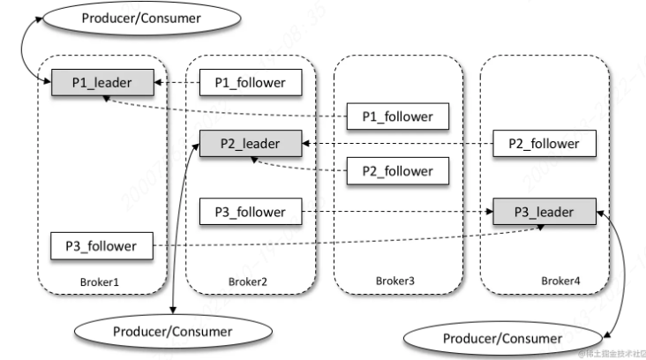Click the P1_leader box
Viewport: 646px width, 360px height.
(101, 83)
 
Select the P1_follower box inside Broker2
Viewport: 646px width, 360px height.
(251, 83)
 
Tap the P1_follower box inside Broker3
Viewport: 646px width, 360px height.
(398, 116)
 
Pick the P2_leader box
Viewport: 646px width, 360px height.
(250, 143)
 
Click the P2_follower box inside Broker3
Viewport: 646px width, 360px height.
(398, 170)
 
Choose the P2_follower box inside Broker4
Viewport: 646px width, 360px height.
(543, 143)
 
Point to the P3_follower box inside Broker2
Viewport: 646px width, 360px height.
(251, 212)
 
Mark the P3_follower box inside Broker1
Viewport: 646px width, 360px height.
(101, 245)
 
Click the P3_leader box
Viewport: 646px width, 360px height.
(544, 212)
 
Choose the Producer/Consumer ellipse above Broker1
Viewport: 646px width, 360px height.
(127, 19)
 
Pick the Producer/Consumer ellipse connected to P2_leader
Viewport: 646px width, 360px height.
(172, 332)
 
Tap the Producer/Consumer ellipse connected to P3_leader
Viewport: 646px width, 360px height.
(501, 338)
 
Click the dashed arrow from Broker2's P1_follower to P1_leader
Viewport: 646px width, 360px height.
(177, 83)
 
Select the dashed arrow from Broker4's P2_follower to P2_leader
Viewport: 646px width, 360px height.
(397, 143)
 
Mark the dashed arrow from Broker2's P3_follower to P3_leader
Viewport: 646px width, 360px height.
(397, 212)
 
